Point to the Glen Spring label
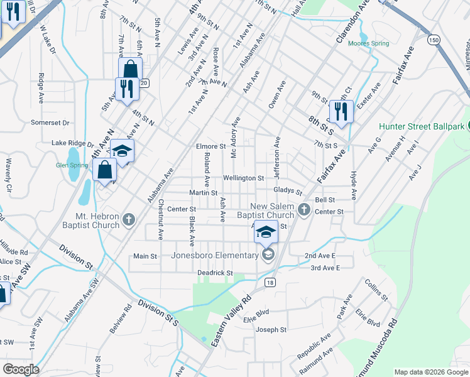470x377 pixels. (x=71, y=165)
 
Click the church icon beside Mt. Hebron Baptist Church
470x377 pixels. (x=129, y=220)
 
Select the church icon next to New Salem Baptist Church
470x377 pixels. (x=304, y=210)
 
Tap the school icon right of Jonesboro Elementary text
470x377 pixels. (x=268, y=254)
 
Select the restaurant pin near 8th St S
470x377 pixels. (x=341, y=112)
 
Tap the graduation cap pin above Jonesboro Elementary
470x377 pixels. (x=266, y=232)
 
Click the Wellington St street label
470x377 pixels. (x=243, y=178)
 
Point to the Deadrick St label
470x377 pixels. (x=215, y=273)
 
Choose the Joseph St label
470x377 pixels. (x=271, y=329)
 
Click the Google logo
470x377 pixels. (x=20, y=369)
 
